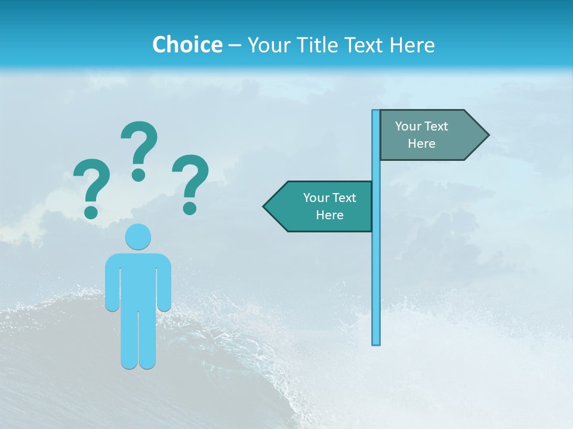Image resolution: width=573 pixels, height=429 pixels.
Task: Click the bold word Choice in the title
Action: [187, 45]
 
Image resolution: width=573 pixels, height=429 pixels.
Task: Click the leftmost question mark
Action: [91, 187]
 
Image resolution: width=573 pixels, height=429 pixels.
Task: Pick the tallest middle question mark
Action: [139, 150]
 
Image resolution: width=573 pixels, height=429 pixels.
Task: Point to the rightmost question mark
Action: [190, 184]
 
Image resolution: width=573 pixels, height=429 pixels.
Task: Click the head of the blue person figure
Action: [138, 237]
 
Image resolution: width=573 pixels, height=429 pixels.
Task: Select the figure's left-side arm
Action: [112, 283]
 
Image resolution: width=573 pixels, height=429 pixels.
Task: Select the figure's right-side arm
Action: [164, 283]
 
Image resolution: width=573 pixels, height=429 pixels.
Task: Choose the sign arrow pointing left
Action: [319, 207]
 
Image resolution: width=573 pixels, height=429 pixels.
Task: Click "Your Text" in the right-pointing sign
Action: [421, 126]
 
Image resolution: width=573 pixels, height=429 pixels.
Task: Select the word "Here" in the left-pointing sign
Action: [329, 215]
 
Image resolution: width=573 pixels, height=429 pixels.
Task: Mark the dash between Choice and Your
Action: [235, 45]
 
